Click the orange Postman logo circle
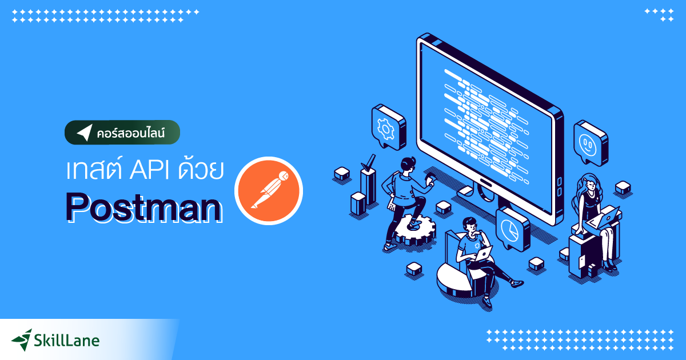(269, 189)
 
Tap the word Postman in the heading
(142, 207)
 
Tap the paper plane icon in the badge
(84, 133)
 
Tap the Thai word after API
(197, 170)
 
